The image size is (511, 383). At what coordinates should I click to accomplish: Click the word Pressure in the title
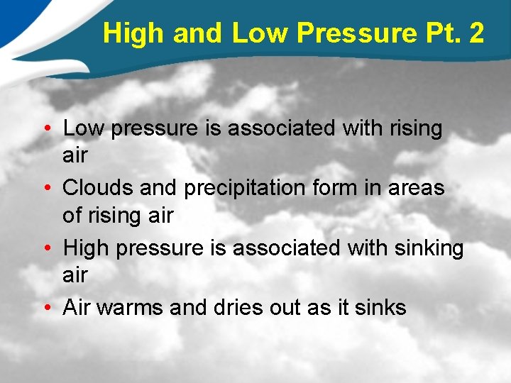354,33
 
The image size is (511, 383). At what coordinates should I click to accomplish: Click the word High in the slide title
131,33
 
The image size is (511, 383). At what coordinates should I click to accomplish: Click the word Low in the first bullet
84,128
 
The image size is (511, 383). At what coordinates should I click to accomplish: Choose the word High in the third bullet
86,248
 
